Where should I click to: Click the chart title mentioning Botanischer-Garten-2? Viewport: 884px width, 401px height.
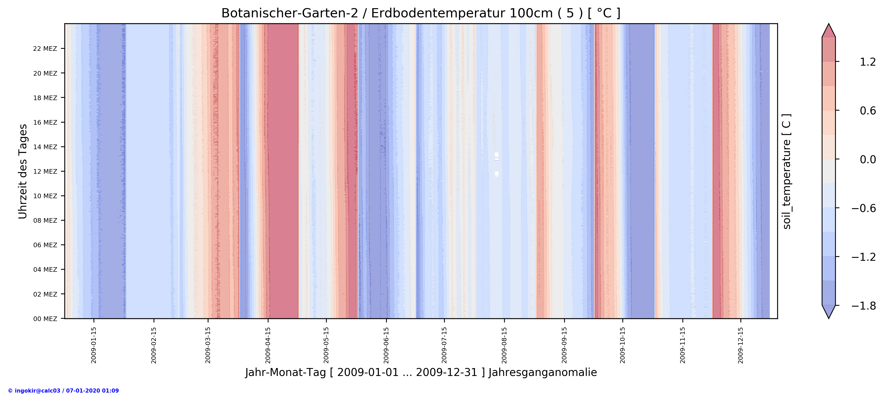click(421, 13)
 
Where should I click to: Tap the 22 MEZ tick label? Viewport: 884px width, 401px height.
click(45, 49)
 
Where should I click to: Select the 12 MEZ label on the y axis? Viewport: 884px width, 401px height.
click(45, 172)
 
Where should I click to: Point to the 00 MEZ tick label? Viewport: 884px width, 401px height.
click(45, 319)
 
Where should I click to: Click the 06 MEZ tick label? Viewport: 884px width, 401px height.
click(45, 245)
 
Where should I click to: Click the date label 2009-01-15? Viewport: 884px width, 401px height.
click(94, 345)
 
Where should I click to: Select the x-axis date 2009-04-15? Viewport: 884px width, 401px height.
click(268, 345)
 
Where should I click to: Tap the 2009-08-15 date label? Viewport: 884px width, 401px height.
click(504, 345)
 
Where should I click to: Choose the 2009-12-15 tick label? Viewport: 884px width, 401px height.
click(741, 345)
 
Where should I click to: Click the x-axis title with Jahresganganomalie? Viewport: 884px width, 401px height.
click(421, 373)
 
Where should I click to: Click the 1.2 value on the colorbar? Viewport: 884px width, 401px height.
click(868, 62)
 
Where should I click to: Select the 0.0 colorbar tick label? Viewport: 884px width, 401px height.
click(868, 160)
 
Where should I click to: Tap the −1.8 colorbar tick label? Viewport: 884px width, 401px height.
click(863, 306)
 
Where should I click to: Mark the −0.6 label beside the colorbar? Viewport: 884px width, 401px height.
click(863, 208)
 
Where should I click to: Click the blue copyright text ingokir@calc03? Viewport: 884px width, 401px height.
click(63, 391)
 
